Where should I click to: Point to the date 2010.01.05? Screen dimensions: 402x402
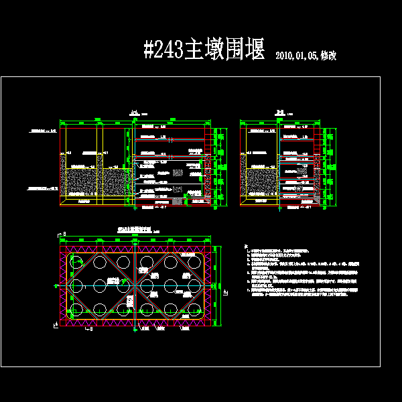point(296,56)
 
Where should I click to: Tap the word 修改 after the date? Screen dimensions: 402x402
point(328,56)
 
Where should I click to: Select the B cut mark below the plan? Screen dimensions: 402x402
point(90,330)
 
